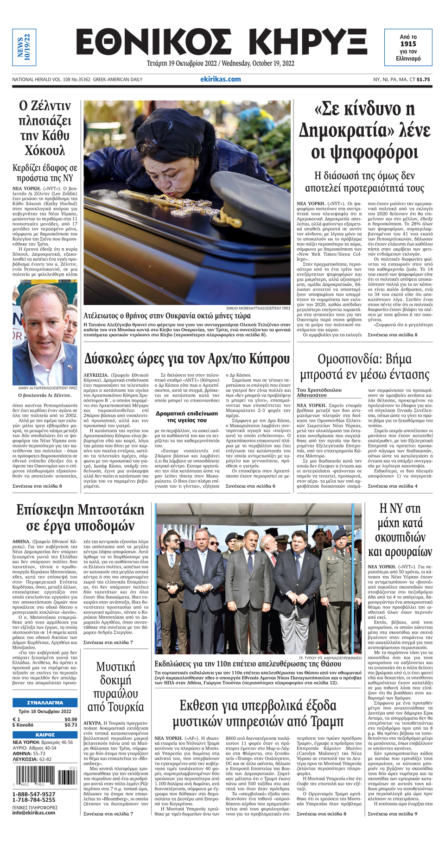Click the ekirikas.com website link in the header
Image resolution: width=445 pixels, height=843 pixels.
pyautogui.click(x=220, y=79)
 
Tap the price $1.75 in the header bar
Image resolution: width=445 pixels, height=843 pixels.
pyautogui.click(x=423, y=80)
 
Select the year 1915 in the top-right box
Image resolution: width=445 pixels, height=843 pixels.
pyautogui.click(x=408, y=44)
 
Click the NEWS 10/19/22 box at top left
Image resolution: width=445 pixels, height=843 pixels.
pyautogui.click(x=24, y=47)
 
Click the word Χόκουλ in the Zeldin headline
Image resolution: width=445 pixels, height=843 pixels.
pyautogui.click(x=44, y=151)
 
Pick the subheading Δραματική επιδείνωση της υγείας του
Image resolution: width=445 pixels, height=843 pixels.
pyautogui.click(x=186, y=416)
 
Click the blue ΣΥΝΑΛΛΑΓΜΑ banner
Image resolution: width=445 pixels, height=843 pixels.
pyautogui.click(x=44, y=702)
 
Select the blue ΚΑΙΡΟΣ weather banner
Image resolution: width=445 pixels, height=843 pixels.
pyautogui.click(x=44, y=735)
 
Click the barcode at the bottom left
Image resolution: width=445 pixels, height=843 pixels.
pyautogui.click(x=45, y=776)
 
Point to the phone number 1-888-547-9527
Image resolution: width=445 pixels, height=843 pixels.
pyautogui.click(x=34, y=794)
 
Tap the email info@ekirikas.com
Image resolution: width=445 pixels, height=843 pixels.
pyautogui.click(x=34, y=812)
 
